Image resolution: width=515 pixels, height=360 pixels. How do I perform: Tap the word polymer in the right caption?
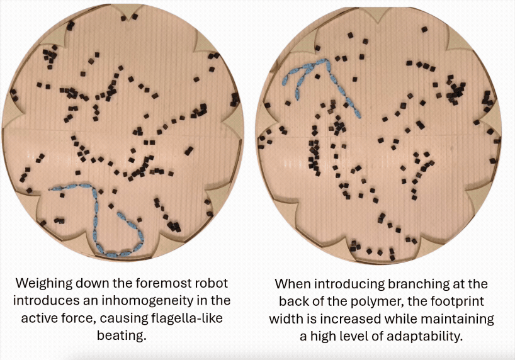point(372,301)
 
